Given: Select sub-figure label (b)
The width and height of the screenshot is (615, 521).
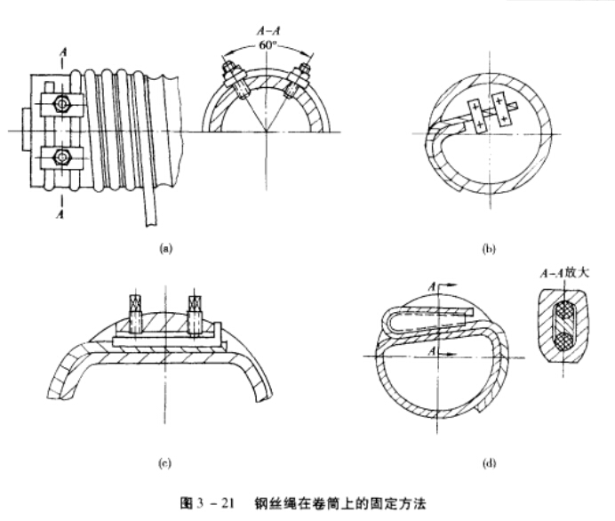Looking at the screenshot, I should tap(488, 251).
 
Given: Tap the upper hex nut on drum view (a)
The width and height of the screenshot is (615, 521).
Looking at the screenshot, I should tap(62, 103).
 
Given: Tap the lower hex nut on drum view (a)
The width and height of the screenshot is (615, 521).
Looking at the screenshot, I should tap(62, 157).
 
